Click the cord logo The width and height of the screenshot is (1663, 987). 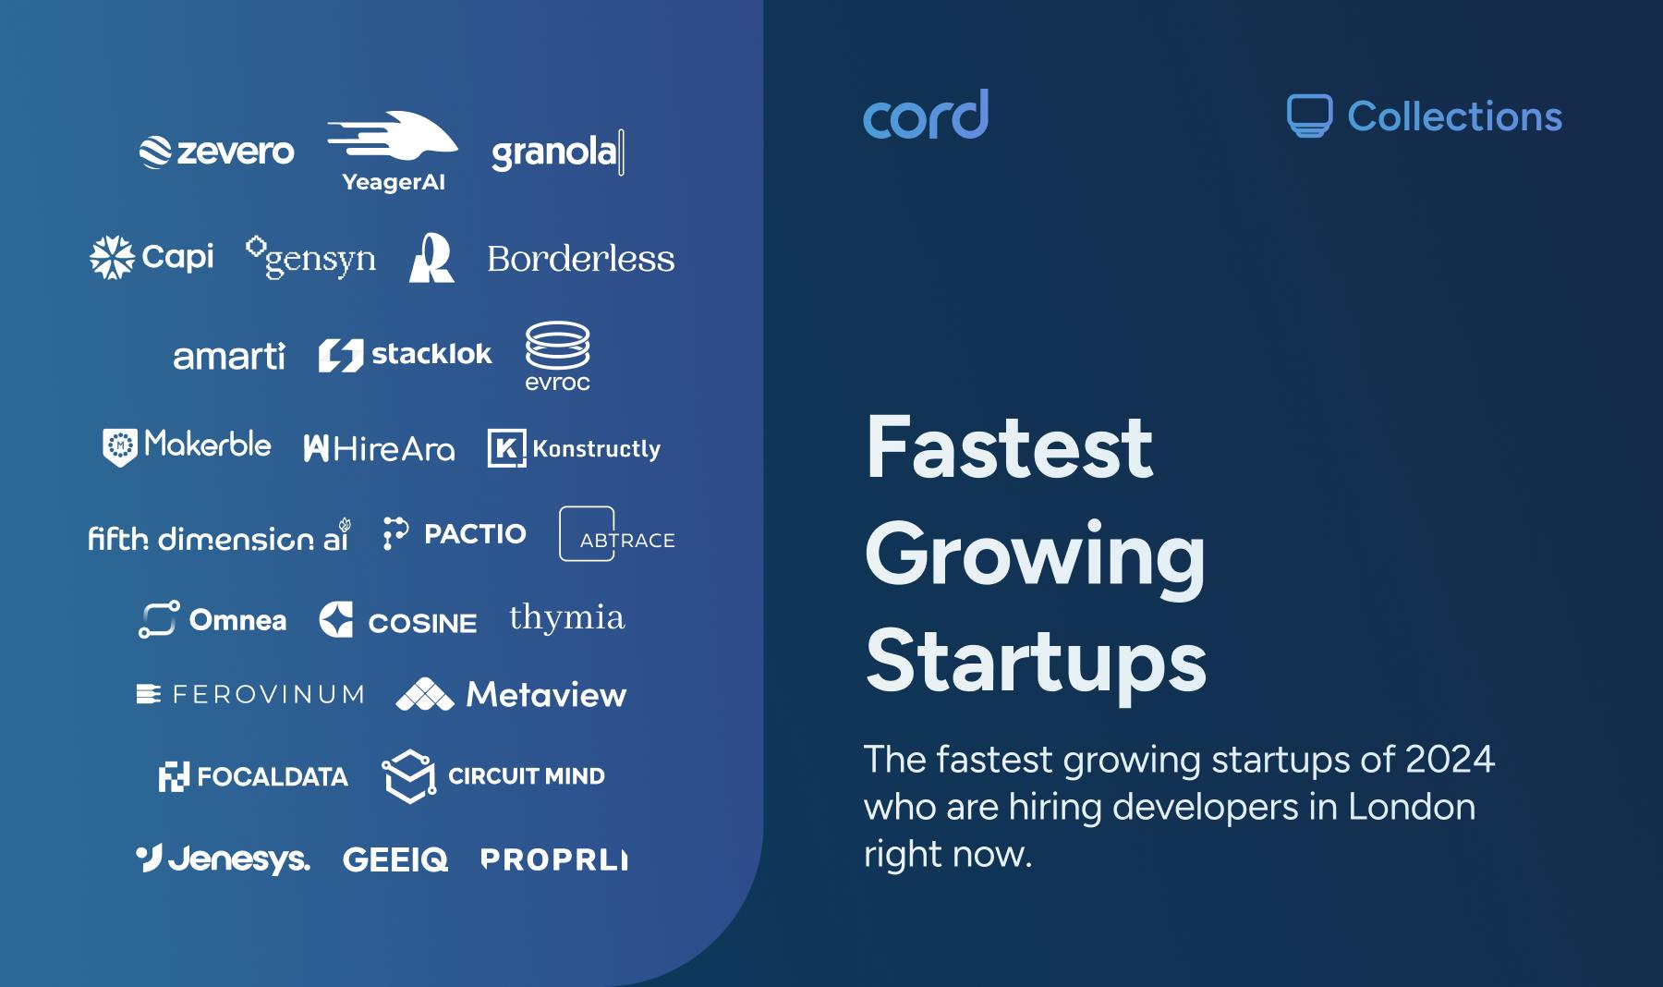925,116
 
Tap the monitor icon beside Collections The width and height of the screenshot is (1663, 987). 1309,116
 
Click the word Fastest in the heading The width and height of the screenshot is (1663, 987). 1009,448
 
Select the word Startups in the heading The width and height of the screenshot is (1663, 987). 1036,661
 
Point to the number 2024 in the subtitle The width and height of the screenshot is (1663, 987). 1449,760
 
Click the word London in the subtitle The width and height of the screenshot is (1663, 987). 1411,807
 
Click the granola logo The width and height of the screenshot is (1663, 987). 556,152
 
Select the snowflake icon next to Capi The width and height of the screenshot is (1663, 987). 112,257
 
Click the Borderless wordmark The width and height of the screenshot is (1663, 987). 580,259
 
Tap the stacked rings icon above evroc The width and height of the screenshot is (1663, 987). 557,346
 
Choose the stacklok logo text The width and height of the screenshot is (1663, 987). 431,354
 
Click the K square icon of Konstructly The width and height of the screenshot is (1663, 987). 506,448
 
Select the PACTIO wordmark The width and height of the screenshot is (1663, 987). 475,534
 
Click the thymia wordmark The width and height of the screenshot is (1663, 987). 566,618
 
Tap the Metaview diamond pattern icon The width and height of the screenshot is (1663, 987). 424,695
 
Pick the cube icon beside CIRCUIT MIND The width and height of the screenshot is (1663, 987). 408,775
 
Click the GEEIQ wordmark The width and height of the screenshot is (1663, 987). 395,859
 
